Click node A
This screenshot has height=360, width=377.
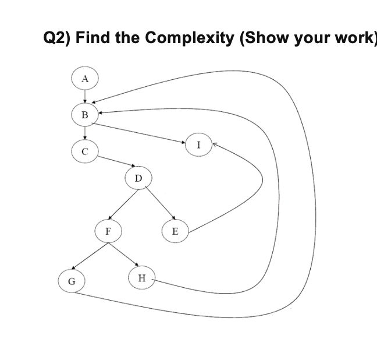tap(85, 79)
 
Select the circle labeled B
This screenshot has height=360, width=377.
tap(85, 115)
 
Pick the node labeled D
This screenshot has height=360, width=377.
tap(138, 177)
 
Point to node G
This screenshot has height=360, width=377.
tap(72, 281)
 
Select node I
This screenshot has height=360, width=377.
tap(198, 145)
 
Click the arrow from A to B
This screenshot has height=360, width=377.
tap(85, 97)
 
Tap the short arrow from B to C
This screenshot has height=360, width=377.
tap(85, 133)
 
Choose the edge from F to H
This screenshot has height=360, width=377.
tap(123, 254)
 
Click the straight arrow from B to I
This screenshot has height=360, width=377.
tap(140, 132)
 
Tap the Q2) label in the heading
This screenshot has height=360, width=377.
tap(58, 38)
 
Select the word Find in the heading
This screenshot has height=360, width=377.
tap(94, 38)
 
